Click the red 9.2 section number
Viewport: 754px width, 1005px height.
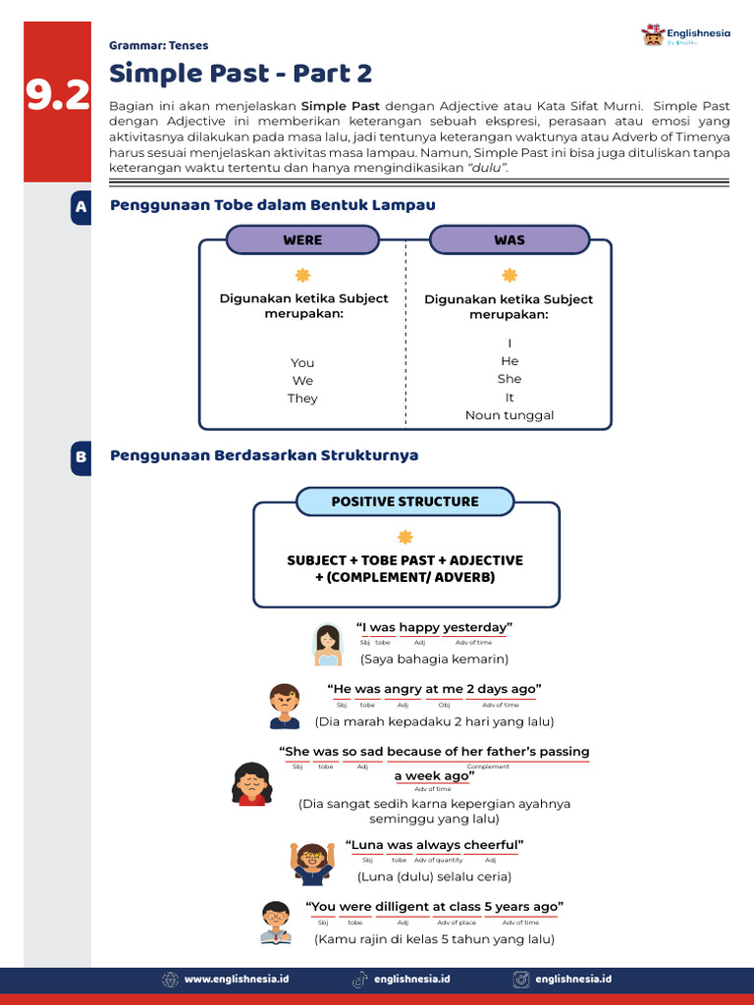click(x=57, y=95)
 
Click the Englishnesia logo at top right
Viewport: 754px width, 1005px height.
click(x=686, y=36)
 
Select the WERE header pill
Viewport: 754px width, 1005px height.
click(x=302, y=239)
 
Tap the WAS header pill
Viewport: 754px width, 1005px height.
click(x=510, y=239)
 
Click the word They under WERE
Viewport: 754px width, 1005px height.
click(x=302, y=398)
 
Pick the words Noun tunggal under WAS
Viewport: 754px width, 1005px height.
click(x=510, y=415)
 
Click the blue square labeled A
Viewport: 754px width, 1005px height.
click(x=81, y=208)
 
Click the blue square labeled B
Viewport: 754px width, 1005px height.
click(x=81, y=457)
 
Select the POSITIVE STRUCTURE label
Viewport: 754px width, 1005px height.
click(x=404, y=502)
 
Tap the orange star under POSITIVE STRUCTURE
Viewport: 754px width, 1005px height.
click(x=404, y=537)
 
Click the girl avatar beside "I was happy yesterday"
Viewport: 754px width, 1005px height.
click(x=328, y=644)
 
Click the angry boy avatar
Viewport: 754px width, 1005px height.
click(x=285, y=706)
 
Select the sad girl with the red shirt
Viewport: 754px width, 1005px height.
click(x=251, y=783)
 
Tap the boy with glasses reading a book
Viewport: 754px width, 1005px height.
click(x=276, y=923)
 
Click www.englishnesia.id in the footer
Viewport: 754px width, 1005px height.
click(x=237, y=979)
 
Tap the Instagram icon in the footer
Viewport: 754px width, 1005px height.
click(x=521, y=979)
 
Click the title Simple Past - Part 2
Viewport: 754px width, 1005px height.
click(x=241, y=74)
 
